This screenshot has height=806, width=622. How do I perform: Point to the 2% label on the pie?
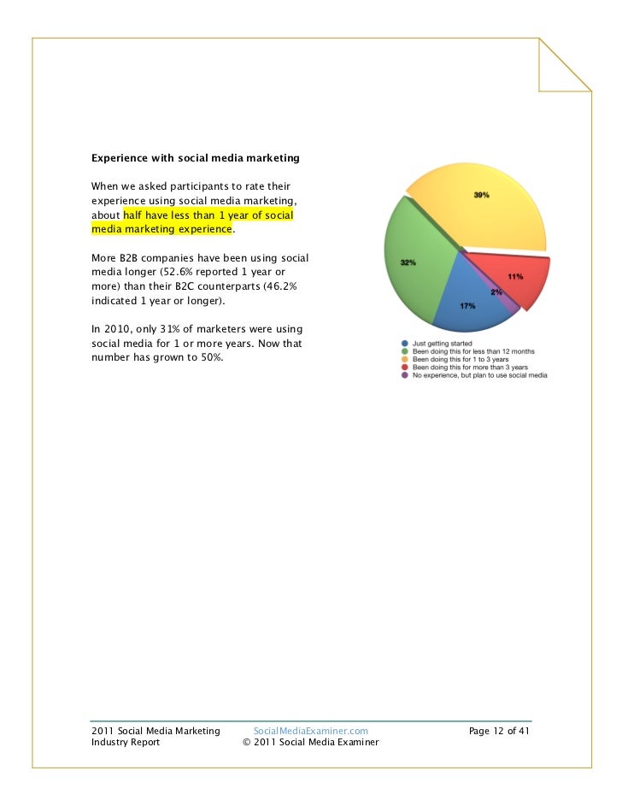click(496, 292)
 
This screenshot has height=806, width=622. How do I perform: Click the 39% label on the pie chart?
click(482, 196)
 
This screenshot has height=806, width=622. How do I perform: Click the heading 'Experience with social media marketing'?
click(195, 158)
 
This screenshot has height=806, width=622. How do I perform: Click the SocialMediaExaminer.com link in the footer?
click(311, 731)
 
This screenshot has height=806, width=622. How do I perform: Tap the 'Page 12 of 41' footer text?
click(500, 731)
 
